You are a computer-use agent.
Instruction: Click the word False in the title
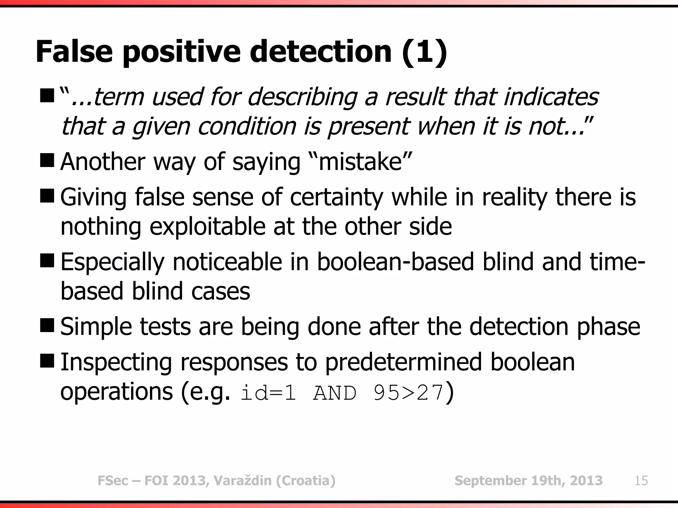pyautogui.click(x=74, y=52)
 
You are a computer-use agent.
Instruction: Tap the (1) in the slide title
pyautogui.click(x=424, y=52)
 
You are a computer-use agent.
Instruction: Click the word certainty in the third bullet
pyautogui.click(x=336, y=197)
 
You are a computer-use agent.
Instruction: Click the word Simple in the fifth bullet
pyautogui.click(x=95, y=327)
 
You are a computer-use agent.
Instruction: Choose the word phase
pyautogui.click(x=608, y=327)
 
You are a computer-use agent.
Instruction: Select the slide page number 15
pyautogui.click(x=641, y=481)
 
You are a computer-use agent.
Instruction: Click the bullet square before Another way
pyautogui.click(x=46, y=161)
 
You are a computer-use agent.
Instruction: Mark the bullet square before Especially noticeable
pyautogui.click(x=46, y=261)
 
